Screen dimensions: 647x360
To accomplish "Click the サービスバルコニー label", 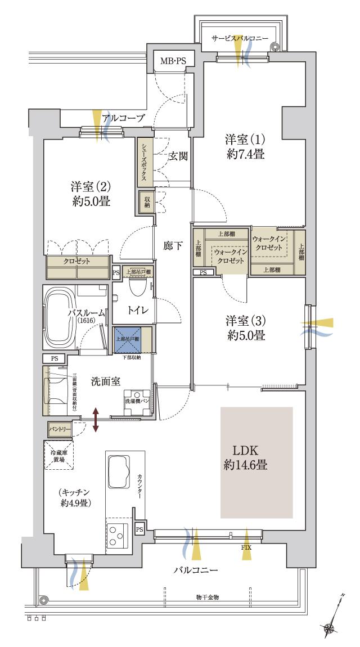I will click(240, 38).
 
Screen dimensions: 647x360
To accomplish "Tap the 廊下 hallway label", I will click(172, 246).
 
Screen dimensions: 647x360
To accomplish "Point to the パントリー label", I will click(60, 429).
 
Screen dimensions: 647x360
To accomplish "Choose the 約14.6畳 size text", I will click(245, 465).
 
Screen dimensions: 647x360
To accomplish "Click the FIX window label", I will click(246, 547).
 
